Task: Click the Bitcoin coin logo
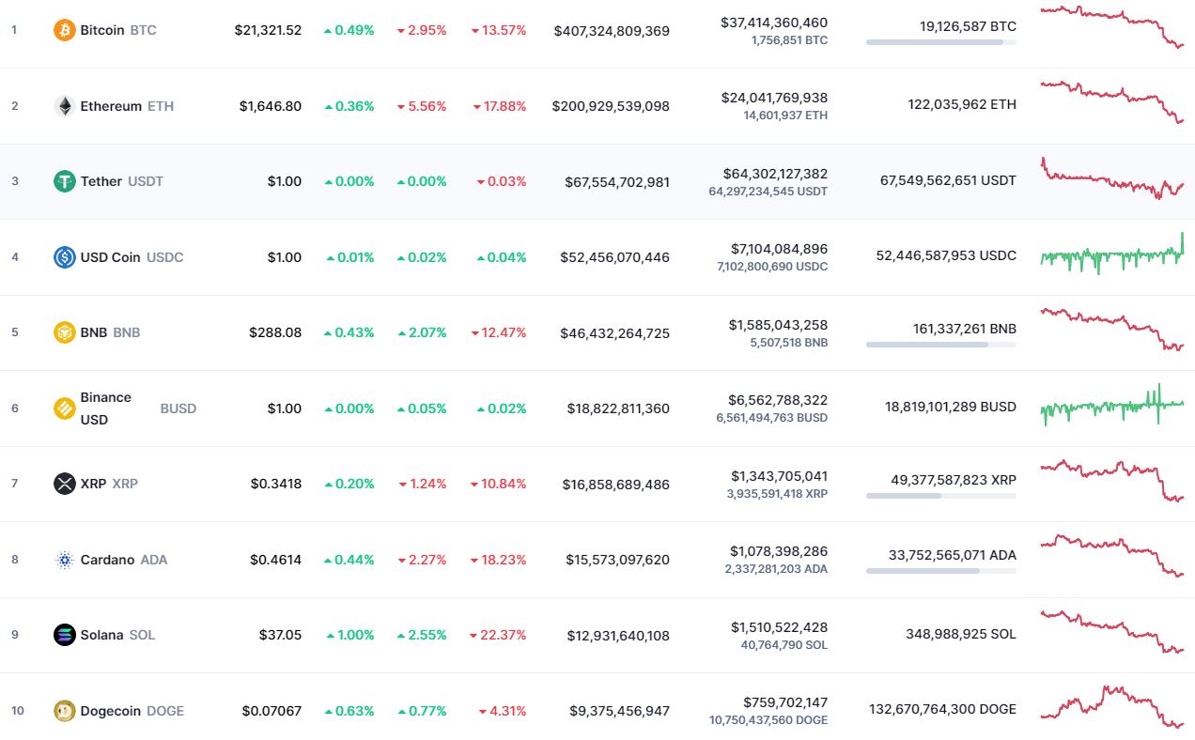click(64, 30)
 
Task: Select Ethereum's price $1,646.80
click(271, 106)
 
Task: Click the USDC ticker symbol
click(165, 257)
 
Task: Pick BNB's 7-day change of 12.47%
click(499, 332)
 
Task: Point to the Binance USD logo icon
click(64, 409)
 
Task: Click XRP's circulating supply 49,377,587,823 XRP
click(954, 480)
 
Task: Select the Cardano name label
click(107, 560)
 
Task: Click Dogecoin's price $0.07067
click(272, 711)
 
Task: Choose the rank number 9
click(14, 635)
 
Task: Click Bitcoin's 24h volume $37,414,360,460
click(774, 23)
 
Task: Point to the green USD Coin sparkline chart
click(1111, 254)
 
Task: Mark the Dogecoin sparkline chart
click(1111, 706)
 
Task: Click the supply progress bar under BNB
click(940, 345)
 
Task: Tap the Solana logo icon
click(64, 635)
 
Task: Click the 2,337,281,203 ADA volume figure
click(776, 569)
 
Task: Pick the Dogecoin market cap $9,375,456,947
click(619, 711)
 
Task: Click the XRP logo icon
click(64, 484)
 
